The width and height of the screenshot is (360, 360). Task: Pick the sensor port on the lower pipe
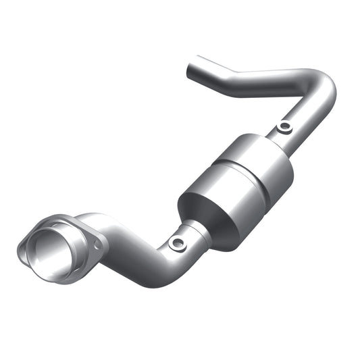coord(178,242)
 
